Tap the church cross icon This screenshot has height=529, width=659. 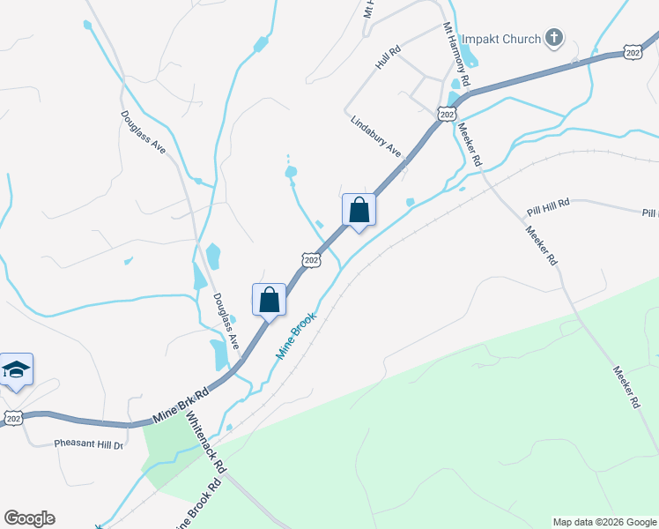(x=553, y=37)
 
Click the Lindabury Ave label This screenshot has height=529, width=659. (x=376, y=137)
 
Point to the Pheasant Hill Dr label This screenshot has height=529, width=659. (x=88, y=443)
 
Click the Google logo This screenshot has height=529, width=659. (x=29, y=518)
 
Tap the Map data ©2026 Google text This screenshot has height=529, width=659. (x=603, y=522)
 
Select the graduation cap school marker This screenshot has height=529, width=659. (x=16, y=369)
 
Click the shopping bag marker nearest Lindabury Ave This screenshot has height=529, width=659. (x=359, y=211)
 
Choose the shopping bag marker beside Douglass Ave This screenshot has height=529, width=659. (x=269, y=300)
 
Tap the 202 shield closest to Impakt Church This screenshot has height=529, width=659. (x=633, y=53)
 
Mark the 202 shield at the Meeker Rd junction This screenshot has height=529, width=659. (x=447, y=114)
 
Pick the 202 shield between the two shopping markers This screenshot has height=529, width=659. (x=310, y=259)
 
